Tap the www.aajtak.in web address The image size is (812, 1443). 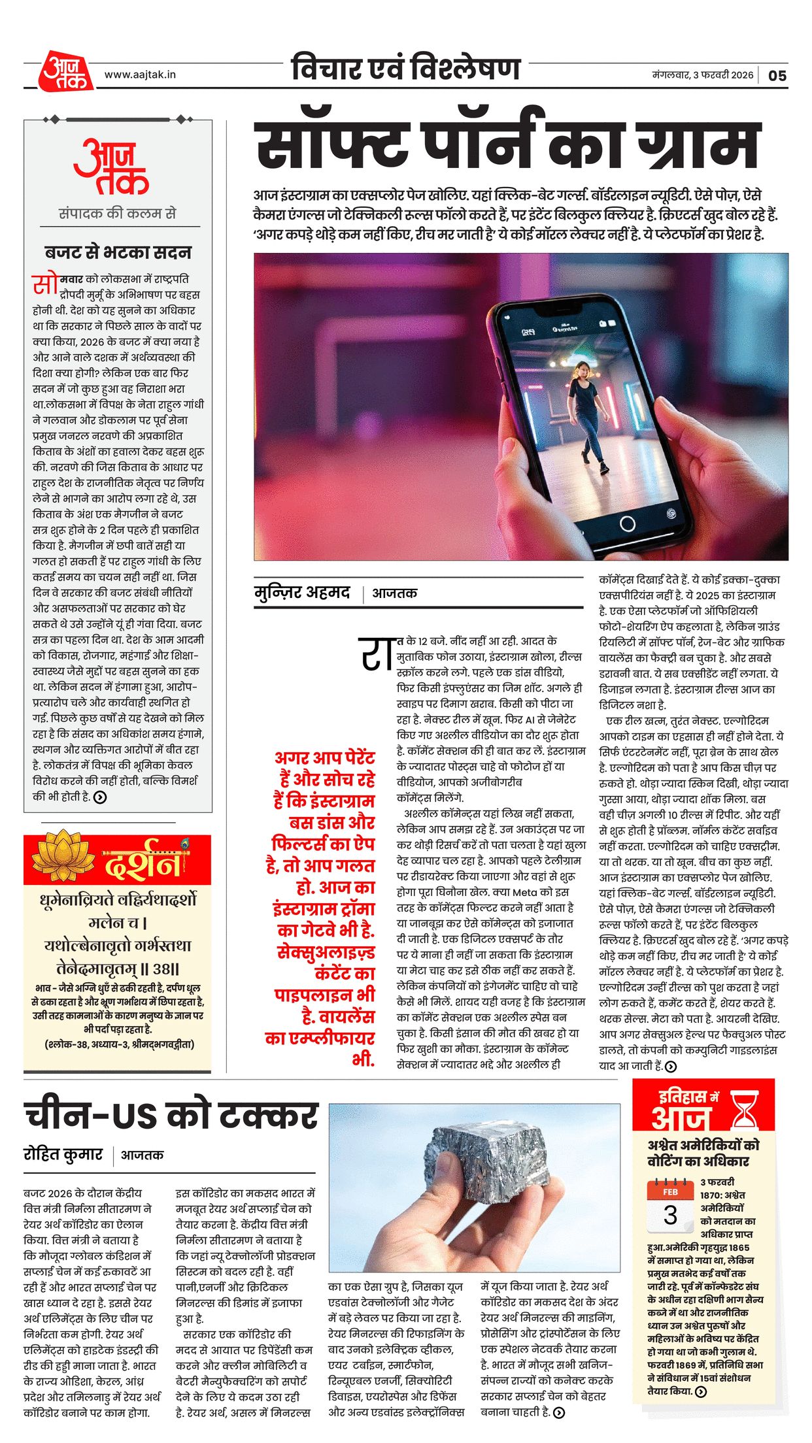pyautogui.click(x=140, y=75)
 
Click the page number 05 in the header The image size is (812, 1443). pyautogui.click(x=777, y=76)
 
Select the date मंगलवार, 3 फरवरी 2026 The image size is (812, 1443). pyautogui.click(x=702, y=75)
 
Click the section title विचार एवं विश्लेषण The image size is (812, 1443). pyautogui.click(x=405, y=69)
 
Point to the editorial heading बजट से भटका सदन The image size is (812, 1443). pyautogui.click(x=118, y=252)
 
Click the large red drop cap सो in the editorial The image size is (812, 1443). pyautogui.click(x=45, y=285)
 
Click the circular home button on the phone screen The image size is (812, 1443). pyautogui.click(x=627, y=523)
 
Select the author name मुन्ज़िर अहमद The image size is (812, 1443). pyautogui.click(x=302, y=592)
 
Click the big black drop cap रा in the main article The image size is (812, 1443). pyautogui.click(x=377, y=653)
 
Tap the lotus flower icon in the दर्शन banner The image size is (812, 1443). pyautogui.click(x=63, y=855)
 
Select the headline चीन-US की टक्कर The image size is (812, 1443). pyautogui.click(x=171, y=1115)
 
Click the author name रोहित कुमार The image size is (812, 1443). pyautogui.click(x=63, y=1154)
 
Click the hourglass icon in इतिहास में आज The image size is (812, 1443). pyautogui.click(x=745, y=1109)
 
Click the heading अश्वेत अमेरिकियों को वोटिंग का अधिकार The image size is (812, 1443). pyautogui.click(x=703, y=1153)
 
